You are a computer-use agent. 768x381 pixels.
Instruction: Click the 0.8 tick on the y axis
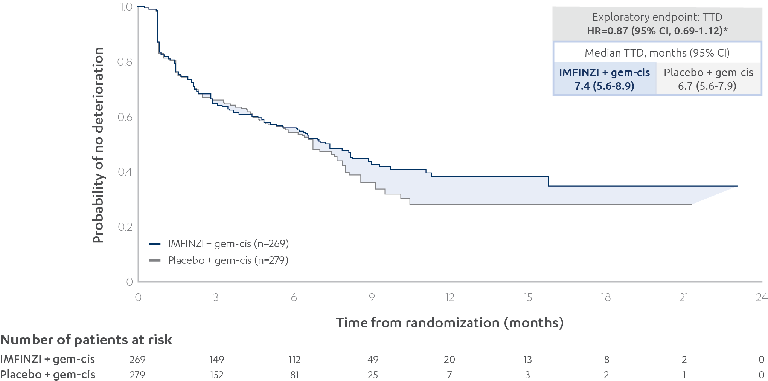125,62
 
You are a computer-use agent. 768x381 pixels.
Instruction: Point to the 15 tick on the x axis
527,297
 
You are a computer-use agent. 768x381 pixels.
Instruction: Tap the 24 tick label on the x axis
761,297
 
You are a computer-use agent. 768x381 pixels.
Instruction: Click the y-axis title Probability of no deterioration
98,145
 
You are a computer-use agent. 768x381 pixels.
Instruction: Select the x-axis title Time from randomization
450,323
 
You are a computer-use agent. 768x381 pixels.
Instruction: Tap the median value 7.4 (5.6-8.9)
604,86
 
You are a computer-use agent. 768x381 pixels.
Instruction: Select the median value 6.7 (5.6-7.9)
707,86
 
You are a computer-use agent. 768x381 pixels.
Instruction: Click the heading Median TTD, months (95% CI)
657,53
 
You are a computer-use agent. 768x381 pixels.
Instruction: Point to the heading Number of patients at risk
86,340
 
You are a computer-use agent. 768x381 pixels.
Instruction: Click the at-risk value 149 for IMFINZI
216,360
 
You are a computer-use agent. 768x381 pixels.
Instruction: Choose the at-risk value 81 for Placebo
294,375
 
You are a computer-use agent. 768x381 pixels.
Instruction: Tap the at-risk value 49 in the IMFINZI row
373,360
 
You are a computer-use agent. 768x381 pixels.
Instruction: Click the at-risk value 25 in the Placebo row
373,375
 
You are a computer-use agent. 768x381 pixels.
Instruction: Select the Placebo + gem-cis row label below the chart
48,375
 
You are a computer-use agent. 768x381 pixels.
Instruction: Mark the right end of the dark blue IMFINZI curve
737,186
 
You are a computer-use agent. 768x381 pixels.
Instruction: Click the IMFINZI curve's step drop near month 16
548,181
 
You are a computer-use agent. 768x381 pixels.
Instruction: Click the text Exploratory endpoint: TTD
657,17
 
